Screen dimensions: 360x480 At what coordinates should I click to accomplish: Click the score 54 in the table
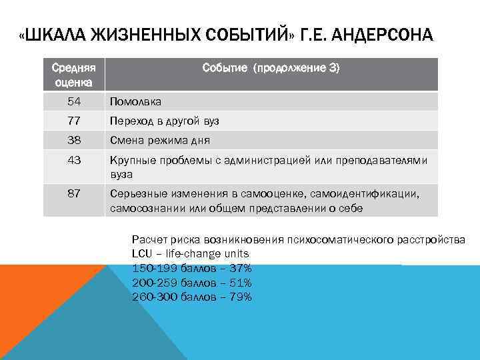pyautogui.click(x=74, y=101)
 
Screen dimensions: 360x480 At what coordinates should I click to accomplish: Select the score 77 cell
pyautogui.click(x=74, y=121)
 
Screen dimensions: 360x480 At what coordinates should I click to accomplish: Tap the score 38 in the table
pyautogui.click(x=74, y=141)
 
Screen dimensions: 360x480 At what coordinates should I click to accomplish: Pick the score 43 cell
pyautogui.click(x=74, y=161)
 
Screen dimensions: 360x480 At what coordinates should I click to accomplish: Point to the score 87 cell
pyautogui.click(x=74, y=193)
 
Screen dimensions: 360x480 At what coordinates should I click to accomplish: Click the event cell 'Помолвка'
pyautogui.click(x=135, y=102)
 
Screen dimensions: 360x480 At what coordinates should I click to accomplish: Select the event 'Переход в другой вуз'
pyautogui.click(x=165, y=121)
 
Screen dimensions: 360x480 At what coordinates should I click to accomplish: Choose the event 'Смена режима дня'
pyautogui.click(x=160, y=141)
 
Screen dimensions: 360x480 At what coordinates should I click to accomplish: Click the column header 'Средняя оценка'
pyautogui.click(x=74, y=75)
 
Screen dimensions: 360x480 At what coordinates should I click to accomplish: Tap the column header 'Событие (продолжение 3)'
pyautogui.click(x=271, y=68)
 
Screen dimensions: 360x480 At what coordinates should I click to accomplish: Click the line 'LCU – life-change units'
pyautogui.click(x=191, y=254)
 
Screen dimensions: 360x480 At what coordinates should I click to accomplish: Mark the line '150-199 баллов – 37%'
pyautogui.click(x=192, y=268)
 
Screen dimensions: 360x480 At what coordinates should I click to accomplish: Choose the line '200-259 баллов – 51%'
pyautogui.click(x=192, y=283)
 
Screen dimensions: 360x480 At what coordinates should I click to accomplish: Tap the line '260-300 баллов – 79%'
pyautogui.click(x=192, y=297)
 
